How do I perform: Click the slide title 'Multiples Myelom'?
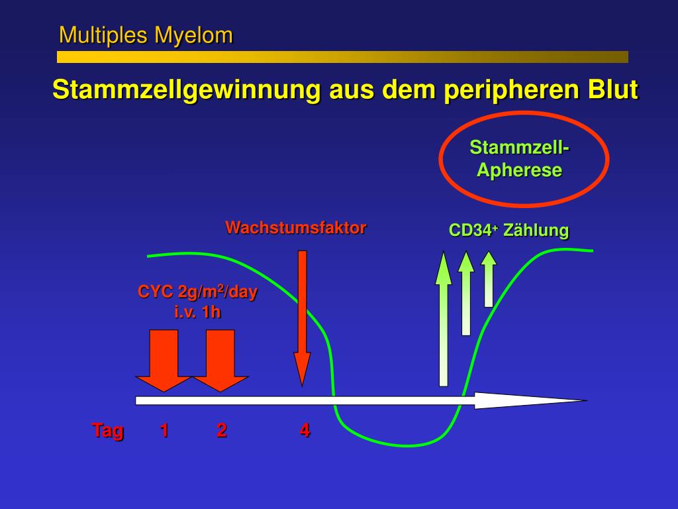pos(146,35)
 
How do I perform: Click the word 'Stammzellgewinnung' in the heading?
pos(186,89)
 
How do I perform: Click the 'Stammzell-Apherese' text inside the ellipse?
pos(520,158)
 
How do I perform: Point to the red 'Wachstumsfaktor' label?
pos(295,228)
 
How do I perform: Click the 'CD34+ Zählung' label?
pos(508,231)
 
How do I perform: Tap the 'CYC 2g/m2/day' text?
pos(197,292)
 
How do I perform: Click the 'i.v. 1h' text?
pos(197,311)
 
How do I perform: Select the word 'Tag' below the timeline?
pos(108,430)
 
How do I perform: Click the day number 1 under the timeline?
pos(164,430)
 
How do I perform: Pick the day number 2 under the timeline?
pos(221,430)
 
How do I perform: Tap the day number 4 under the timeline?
pos(305,430)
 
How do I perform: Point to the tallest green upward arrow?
pos(443,318)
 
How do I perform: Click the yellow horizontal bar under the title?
pos(342,57)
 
